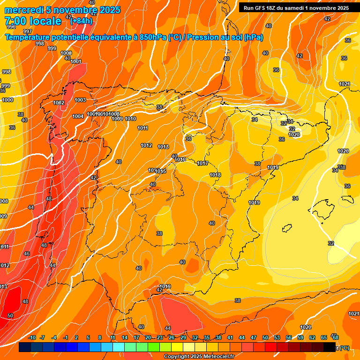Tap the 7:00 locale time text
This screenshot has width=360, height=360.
(33, 22)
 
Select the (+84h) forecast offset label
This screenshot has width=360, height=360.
(81, 21)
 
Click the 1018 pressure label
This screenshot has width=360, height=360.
(215, 175)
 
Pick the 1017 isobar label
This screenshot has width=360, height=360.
(202, 163)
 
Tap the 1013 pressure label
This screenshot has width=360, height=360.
(163, 147)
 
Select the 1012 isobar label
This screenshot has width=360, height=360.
(146, 145)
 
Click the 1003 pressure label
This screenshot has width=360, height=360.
(80, 100)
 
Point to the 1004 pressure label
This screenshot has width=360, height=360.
(78, 116)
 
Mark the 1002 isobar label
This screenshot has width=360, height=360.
(59, 103)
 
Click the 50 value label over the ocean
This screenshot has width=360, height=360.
(10, 315)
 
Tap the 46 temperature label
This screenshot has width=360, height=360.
(27, 254)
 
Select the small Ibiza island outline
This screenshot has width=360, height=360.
(287, 228)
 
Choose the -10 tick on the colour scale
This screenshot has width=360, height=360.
(32, 337)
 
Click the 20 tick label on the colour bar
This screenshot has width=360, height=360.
(148, 337)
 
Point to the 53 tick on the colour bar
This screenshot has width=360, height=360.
(277, 337)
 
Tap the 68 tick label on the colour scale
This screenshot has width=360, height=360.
(335, 337)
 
